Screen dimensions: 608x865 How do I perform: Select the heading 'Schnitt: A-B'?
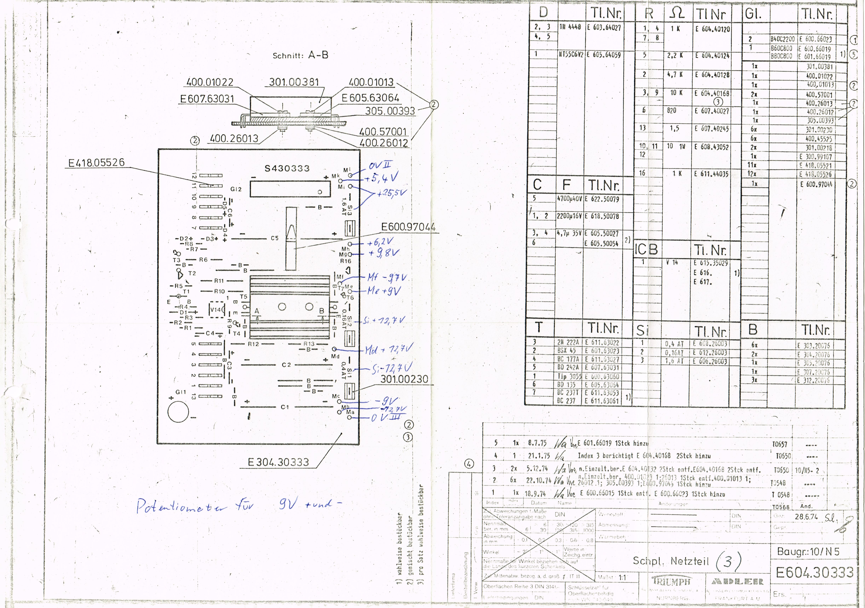point(300,55)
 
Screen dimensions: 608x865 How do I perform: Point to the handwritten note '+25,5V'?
point(392,193)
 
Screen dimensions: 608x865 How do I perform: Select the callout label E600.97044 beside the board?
point(408,227)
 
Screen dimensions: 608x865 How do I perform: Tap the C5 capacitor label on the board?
point(275,238)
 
